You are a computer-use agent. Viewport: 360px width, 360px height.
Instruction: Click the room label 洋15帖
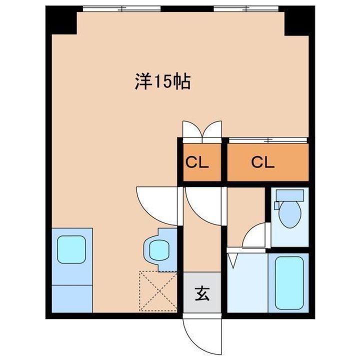tap(162, 81)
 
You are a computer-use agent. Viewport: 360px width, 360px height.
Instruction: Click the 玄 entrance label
tap(201, 292)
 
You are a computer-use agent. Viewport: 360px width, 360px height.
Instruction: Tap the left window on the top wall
tap(121, 8)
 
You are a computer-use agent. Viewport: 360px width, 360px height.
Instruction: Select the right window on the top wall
tap(247, 8)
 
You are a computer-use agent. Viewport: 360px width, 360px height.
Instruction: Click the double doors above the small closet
tap(201, 129)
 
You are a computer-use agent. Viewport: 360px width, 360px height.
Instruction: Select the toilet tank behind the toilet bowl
tap(289, 195)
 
